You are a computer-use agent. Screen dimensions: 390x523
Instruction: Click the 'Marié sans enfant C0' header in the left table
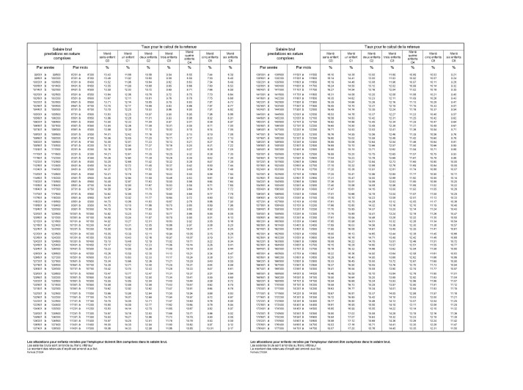pos(108,55)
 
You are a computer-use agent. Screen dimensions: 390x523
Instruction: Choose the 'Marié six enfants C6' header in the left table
pos(231,55)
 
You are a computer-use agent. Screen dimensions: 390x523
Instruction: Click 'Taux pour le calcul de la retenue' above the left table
pos(169,46)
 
